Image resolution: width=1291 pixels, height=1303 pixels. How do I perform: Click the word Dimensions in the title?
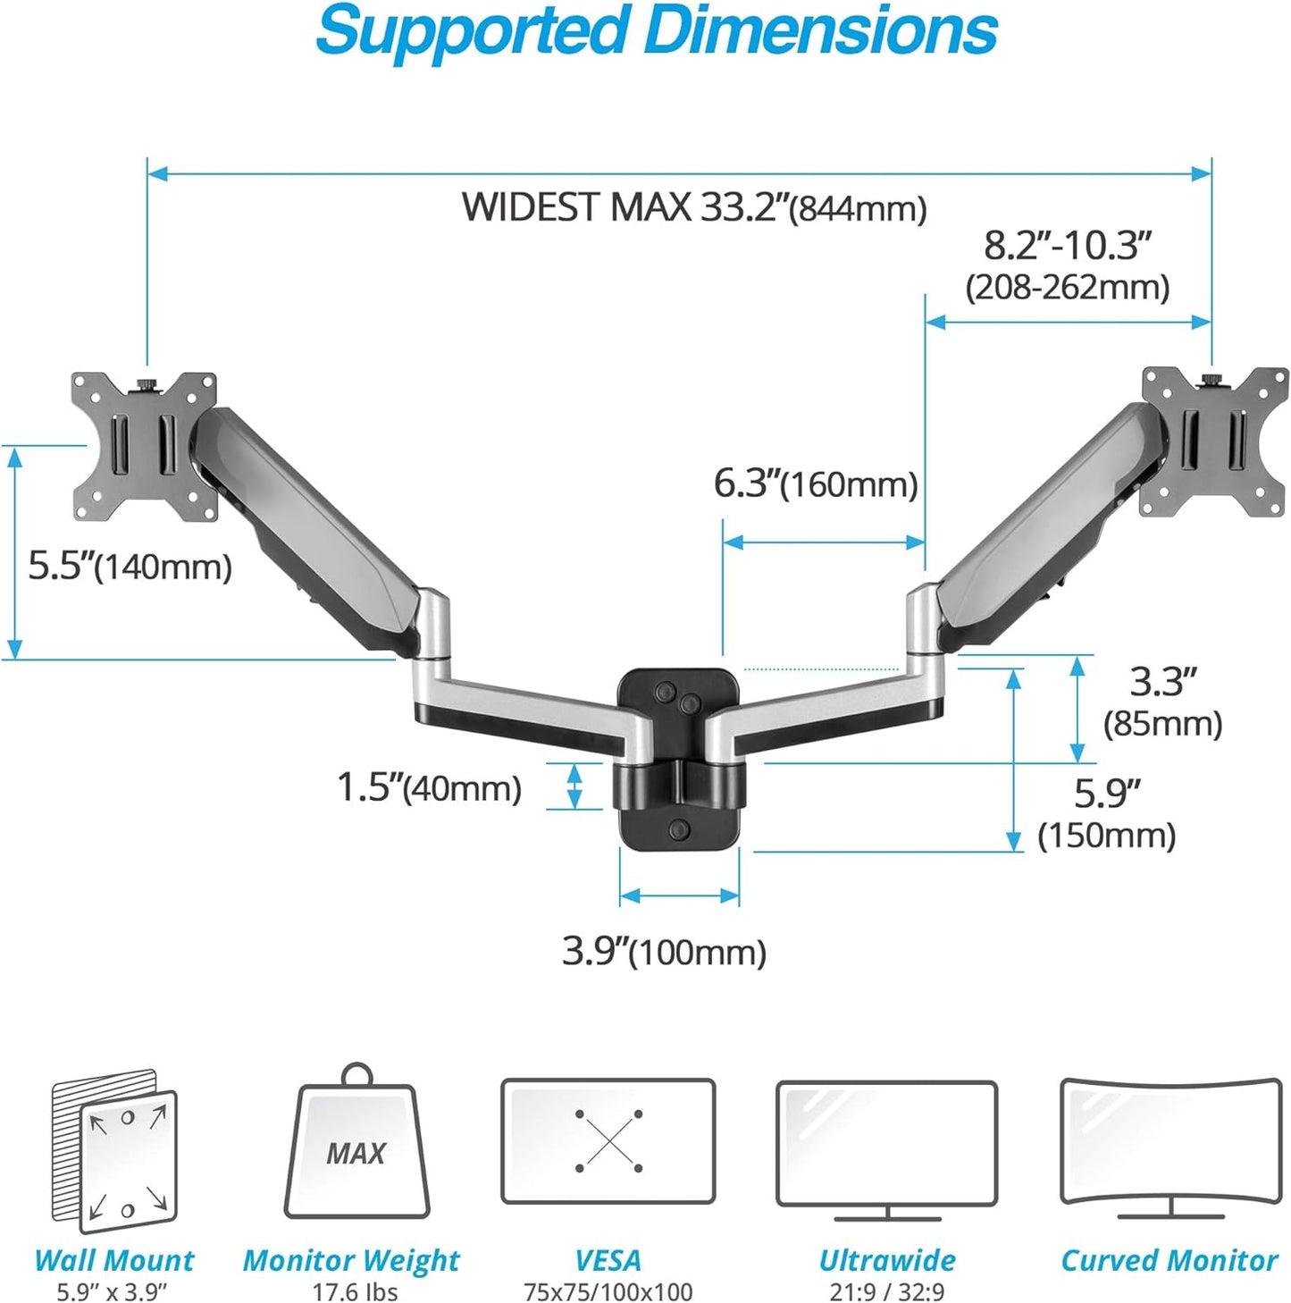(819, 31)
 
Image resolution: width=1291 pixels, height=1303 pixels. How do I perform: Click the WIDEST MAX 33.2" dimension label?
(693, 207)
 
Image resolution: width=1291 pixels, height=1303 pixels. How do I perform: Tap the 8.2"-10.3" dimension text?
(1067, 245)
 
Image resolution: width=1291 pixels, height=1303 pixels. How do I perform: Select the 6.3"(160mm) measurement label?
(815, 483)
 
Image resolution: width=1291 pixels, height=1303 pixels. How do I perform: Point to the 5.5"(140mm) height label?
(130, 566)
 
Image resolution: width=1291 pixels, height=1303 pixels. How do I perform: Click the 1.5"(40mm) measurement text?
(428, 787)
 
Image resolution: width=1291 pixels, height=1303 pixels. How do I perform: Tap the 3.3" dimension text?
(1161, 682)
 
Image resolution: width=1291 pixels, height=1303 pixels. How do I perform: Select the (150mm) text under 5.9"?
(1106, 836)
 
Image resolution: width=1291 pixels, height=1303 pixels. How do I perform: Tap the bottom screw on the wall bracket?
(679, 828)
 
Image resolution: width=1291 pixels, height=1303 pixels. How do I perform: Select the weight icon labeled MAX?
(356, 1147)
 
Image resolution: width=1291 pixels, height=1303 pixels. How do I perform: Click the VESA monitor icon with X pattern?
(608, 1141)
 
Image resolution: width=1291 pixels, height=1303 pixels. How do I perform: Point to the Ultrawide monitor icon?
(886, 1148)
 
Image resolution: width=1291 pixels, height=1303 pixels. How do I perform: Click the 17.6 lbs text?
(355, 1291)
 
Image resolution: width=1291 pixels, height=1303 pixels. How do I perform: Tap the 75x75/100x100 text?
(608, 1291)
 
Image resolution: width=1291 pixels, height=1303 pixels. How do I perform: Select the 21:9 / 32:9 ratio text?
(886, 1291)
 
